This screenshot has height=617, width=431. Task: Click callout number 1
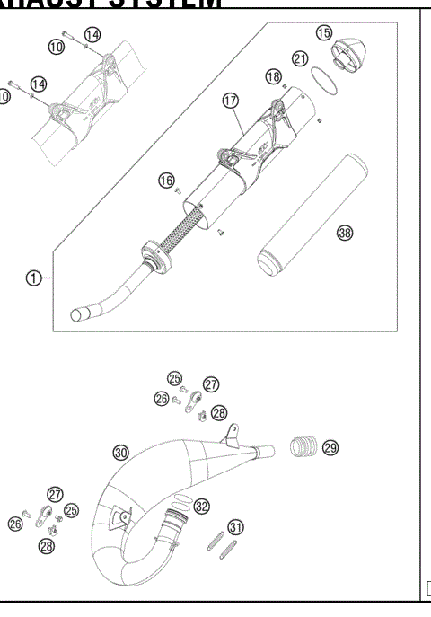[x=33, y=278]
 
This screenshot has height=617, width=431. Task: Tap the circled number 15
[x=324, y=33]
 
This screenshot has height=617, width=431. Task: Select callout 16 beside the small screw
[x=166, y=181]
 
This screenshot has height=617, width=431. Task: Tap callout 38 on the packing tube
[x=345, y=233]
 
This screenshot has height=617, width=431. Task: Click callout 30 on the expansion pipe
[x=121, y=451]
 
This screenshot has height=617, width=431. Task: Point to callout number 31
[x=235, y=526]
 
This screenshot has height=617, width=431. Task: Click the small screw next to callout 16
[x=180, y=190]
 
